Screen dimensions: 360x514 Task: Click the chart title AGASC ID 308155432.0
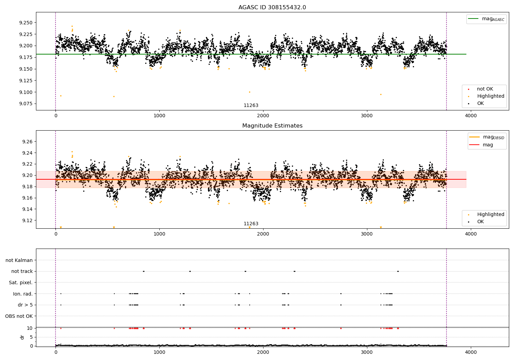click(x=272, y=8)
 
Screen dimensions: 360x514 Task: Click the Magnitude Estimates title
click(x=272, y=126)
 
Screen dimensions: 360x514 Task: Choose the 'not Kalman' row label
click(x=19, y=260)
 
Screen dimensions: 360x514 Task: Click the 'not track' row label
click(x=22, y=271)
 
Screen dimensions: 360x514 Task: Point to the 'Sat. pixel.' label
click(x=21, y=283)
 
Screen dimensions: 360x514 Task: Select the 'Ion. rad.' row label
click(x=23, y=294)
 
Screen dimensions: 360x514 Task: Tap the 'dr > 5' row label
click(x=25, y=305)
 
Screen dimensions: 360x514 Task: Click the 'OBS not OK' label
click(x=19, y=316)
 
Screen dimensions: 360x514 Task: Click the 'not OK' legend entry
click(x=485, y=89)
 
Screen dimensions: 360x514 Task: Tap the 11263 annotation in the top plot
click(x=251, y=106)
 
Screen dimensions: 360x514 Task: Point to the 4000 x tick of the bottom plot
click(x=470, y=352)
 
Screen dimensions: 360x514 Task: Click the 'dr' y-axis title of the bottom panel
click(x=22, y=337)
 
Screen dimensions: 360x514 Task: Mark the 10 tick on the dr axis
click(x=29, y=328)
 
